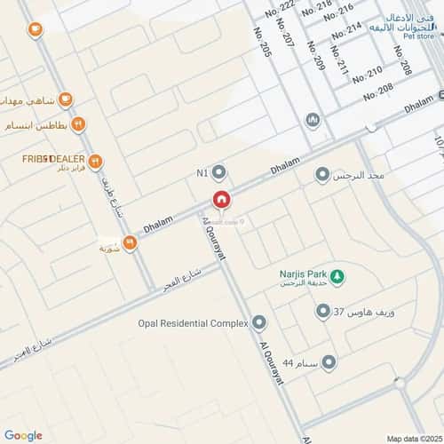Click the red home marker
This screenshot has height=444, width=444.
point(221,200)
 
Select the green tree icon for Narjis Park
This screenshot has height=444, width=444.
point(337,277)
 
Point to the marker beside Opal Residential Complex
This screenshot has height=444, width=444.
point(259,322)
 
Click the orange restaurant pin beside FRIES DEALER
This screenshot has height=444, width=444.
point(96,162)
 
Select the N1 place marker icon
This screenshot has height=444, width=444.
point(219,171)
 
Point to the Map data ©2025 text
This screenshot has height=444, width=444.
point(412,438)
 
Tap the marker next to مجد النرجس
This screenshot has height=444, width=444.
point(322,175)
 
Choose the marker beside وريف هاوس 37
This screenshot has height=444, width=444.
point(323,312)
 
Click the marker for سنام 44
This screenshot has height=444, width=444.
point(329,361)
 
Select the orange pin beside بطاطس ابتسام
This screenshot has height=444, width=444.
point(78,124)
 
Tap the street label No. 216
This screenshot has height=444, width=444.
point(339,13)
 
